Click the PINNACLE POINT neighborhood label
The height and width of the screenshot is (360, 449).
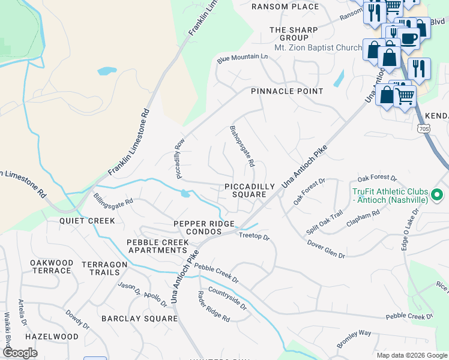click(287, 91)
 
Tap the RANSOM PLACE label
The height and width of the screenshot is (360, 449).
click(285, 7)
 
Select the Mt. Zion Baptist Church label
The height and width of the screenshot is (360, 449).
click(318, 47)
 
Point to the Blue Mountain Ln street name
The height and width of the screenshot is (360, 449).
click(243, 58)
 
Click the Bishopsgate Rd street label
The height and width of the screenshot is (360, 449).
click(243, 146)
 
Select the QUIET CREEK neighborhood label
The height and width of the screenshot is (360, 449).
click(87, 221)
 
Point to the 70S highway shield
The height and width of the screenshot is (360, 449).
click(423, 128)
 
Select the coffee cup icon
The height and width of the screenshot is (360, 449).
click(410, 38)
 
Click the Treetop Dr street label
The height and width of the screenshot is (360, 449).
click(255, 237)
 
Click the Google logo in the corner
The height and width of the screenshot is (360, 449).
click(20, 353)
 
